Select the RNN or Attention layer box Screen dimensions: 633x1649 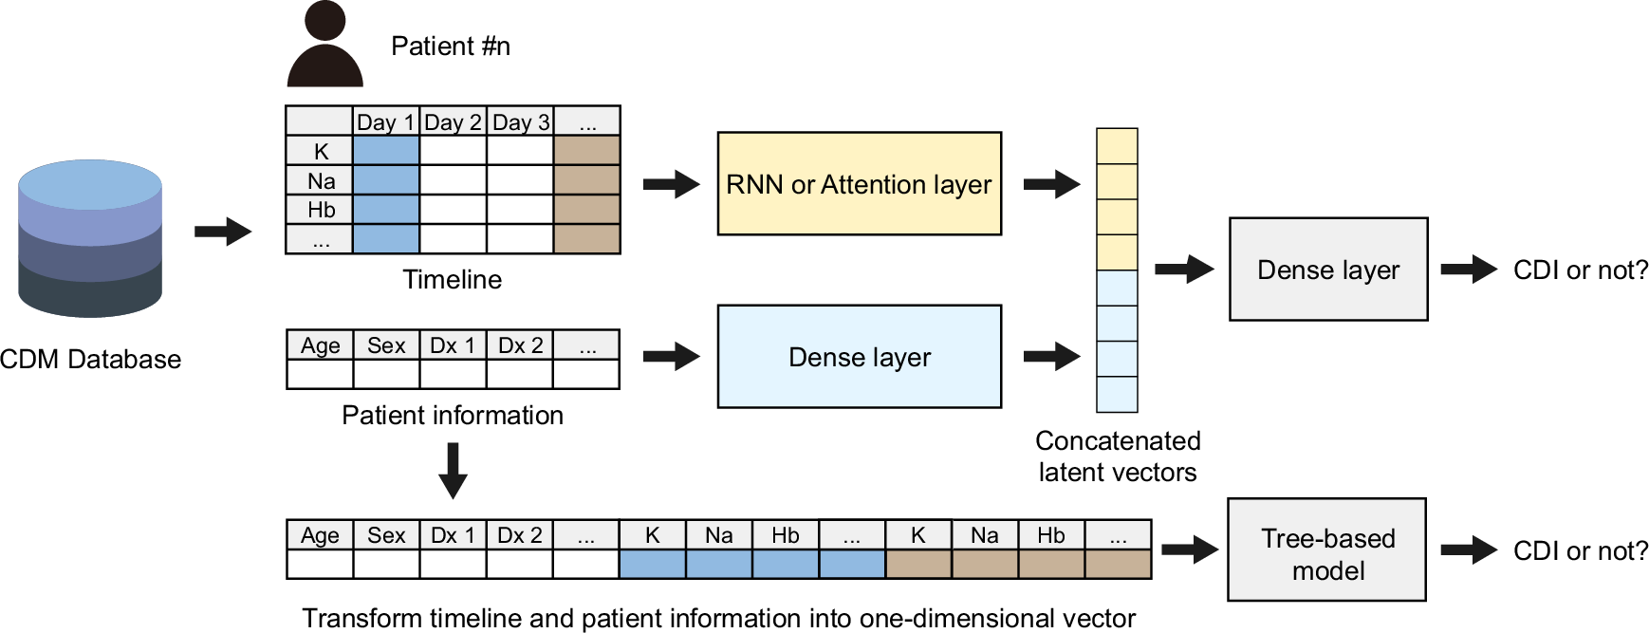pyautogui.click(x=859, y=183)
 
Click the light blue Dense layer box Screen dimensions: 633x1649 pyautogui.click(x=859, y=357)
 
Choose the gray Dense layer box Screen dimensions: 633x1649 pyautogui.click(x=1327, y=270)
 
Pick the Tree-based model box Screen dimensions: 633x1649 pyautogui.click(x=1326, y=549)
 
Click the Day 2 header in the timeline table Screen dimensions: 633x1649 pyautogui.click(x=453, y=122)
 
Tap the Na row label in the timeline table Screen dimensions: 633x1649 pyautogui.click(x=321, y=180)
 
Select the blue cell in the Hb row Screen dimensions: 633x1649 pyautogui.click(x=386, y=209)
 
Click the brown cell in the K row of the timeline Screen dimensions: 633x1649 pyautogui.click(x=587, y=151)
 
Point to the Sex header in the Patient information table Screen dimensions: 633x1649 pyautogui.click(x=386, y=345)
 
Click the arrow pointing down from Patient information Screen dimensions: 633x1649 pyautogui.click(x=453, y=471)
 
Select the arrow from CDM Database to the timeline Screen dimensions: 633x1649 pyautogui.click(x=223, y=231)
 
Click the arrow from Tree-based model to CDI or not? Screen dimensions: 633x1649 pyautogui.click(x=1469, y=549)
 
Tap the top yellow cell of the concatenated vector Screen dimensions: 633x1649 pyautogui.click(x=1117, y=146)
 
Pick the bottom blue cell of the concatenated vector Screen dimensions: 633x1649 pyautogui.click(x=1117, y=394)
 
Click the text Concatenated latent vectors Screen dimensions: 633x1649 pyautogui.click(x=1118, y=456)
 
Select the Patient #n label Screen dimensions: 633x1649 pyautogui.click(x=451, y=47)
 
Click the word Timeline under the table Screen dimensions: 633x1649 pyautogui.click(x=452, y=279)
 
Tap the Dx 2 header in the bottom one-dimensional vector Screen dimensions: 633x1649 pyautogui.click(x=519, y=535)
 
